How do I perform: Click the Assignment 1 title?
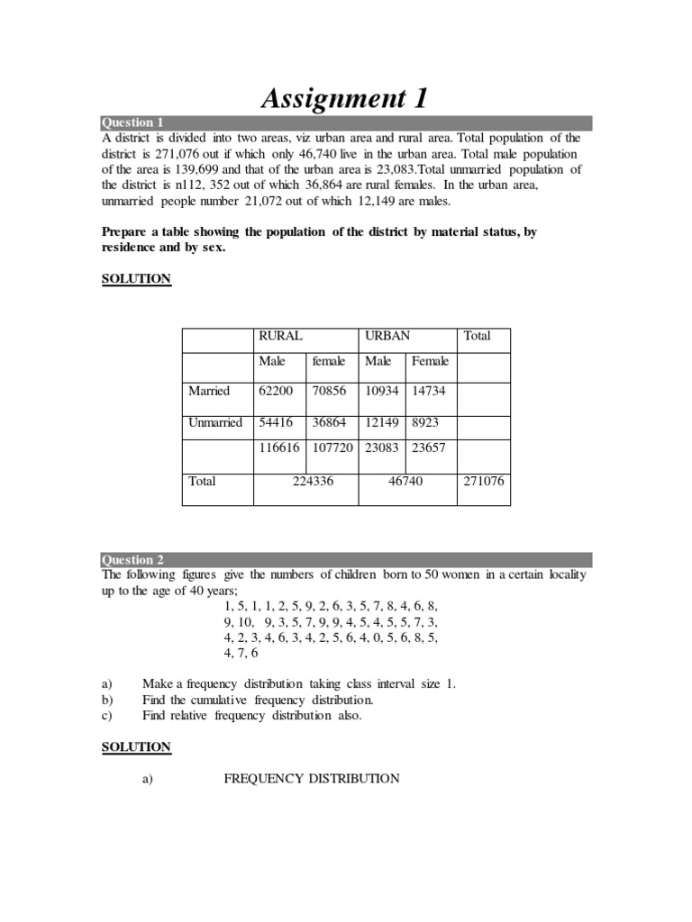[x=344, y=97]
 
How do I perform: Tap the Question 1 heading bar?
[x=346, y=123]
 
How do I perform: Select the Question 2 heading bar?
[x=346, y=559]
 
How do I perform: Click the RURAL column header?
[x=280, y=336]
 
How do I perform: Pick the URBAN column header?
[x=387, y=336]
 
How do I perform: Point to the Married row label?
[x=209, y=391]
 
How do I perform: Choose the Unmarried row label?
[x=215, y=421]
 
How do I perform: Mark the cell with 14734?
[x=430, y=391]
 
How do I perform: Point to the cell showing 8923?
[x=426, y=421]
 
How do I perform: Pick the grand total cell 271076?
[x=484, y=482]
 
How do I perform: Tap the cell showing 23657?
[x=430, y=447]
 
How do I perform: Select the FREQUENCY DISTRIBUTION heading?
[x=312, y=778]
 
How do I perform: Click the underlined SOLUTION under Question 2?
[x=136, y=746]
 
